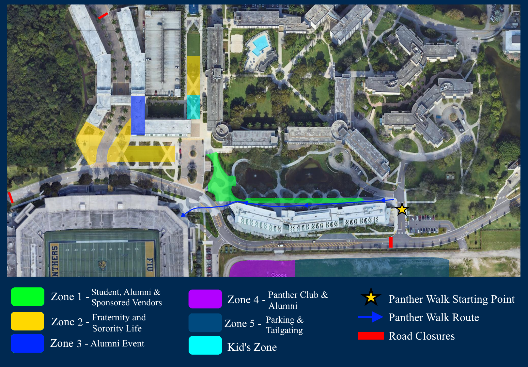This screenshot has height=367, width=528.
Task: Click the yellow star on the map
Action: [x=402, y=209]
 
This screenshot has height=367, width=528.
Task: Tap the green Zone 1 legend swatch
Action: [x=28, y=297]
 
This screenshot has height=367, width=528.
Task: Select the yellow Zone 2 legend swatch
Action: [x=27, y=321]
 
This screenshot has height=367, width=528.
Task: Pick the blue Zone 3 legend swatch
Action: [x=27, y=343]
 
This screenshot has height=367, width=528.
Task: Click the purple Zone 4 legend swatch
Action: [x=205, y=299]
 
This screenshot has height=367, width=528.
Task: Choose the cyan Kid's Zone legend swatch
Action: [x=205, y=345]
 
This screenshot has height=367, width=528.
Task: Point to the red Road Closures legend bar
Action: [x=371, y=336]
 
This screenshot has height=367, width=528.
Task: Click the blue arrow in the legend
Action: [x=371, y=317]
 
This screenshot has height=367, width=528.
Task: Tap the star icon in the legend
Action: [x=371, y=297]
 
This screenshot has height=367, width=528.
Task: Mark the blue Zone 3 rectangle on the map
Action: [x=138, y=115]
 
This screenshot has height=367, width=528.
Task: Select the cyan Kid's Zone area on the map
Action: [x=194, y=107]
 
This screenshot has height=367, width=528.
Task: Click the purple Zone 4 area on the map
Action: [x=262, y=268]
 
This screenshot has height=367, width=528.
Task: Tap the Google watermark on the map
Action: [x=279, y=275]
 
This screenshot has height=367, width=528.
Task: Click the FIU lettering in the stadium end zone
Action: [x=149, y=264]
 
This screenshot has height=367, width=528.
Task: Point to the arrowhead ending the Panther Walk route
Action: [x=183, y=215]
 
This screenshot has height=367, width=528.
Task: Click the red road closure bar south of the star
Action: [x=391, y=242]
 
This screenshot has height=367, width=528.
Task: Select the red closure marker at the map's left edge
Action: [x=10, y=197]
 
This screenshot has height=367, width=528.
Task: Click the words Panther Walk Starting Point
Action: [x=451, y=299]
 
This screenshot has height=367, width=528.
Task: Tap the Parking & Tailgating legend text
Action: [x=285, y=325]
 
